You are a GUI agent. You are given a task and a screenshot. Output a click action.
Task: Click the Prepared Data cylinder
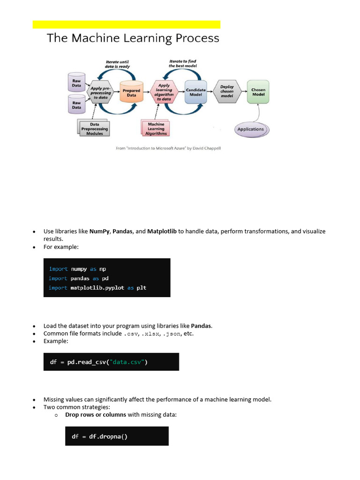tap(131, 92)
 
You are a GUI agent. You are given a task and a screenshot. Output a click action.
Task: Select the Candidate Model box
tap(195, 92)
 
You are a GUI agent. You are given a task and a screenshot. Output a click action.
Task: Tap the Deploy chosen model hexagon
tap(227, 92)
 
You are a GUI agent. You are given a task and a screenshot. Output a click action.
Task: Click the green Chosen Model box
tap(258, 92)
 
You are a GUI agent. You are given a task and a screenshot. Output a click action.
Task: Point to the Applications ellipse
tap(251, 129)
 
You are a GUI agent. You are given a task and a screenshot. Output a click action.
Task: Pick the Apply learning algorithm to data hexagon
tap(164, 92)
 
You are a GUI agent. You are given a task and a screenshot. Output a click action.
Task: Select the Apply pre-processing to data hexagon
tap(100, 93)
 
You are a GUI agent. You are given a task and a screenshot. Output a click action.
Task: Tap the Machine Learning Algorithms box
tap(156, 129)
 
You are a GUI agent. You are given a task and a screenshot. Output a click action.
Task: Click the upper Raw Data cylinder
tap(76, 82)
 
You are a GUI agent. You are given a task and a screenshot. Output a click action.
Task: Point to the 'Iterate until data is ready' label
tap(117, 64)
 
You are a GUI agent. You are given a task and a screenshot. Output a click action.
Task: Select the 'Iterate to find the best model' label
tap(183, 64)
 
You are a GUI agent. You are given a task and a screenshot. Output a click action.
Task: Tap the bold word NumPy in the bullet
tap(99, 231)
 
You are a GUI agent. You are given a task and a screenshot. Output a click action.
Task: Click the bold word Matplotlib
tap(162, 231)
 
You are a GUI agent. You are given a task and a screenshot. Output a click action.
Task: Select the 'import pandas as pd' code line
tap(79, 278)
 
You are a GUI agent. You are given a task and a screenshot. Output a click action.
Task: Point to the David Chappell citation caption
tap(168, 148)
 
